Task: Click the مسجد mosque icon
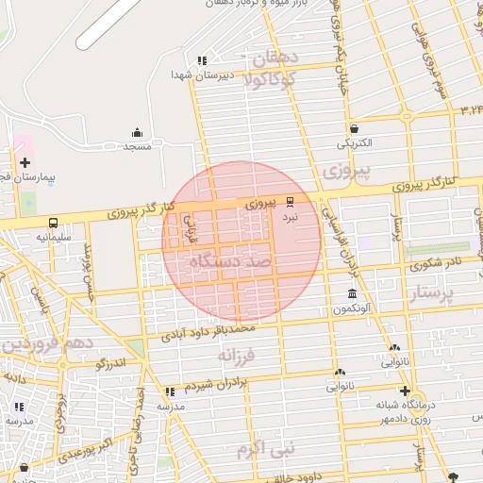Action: (x=138, y=133)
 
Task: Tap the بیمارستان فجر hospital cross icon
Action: (x=25, y=163)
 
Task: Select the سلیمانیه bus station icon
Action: (x=53, y=224)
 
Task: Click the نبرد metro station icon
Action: (x=290, y=201)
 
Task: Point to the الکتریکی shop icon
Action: (x=354, y=129)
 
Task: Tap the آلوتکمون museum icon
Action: (x=352, y=295)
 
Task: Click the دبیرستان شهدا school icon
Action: (x=202, y=60)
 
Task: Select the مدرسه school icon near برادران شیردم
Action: (x=170, y=391)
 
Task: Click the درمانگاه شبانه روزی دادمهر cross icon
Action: (x=405, y=391)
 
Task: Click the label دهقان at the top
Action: (x=275, y=58)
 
